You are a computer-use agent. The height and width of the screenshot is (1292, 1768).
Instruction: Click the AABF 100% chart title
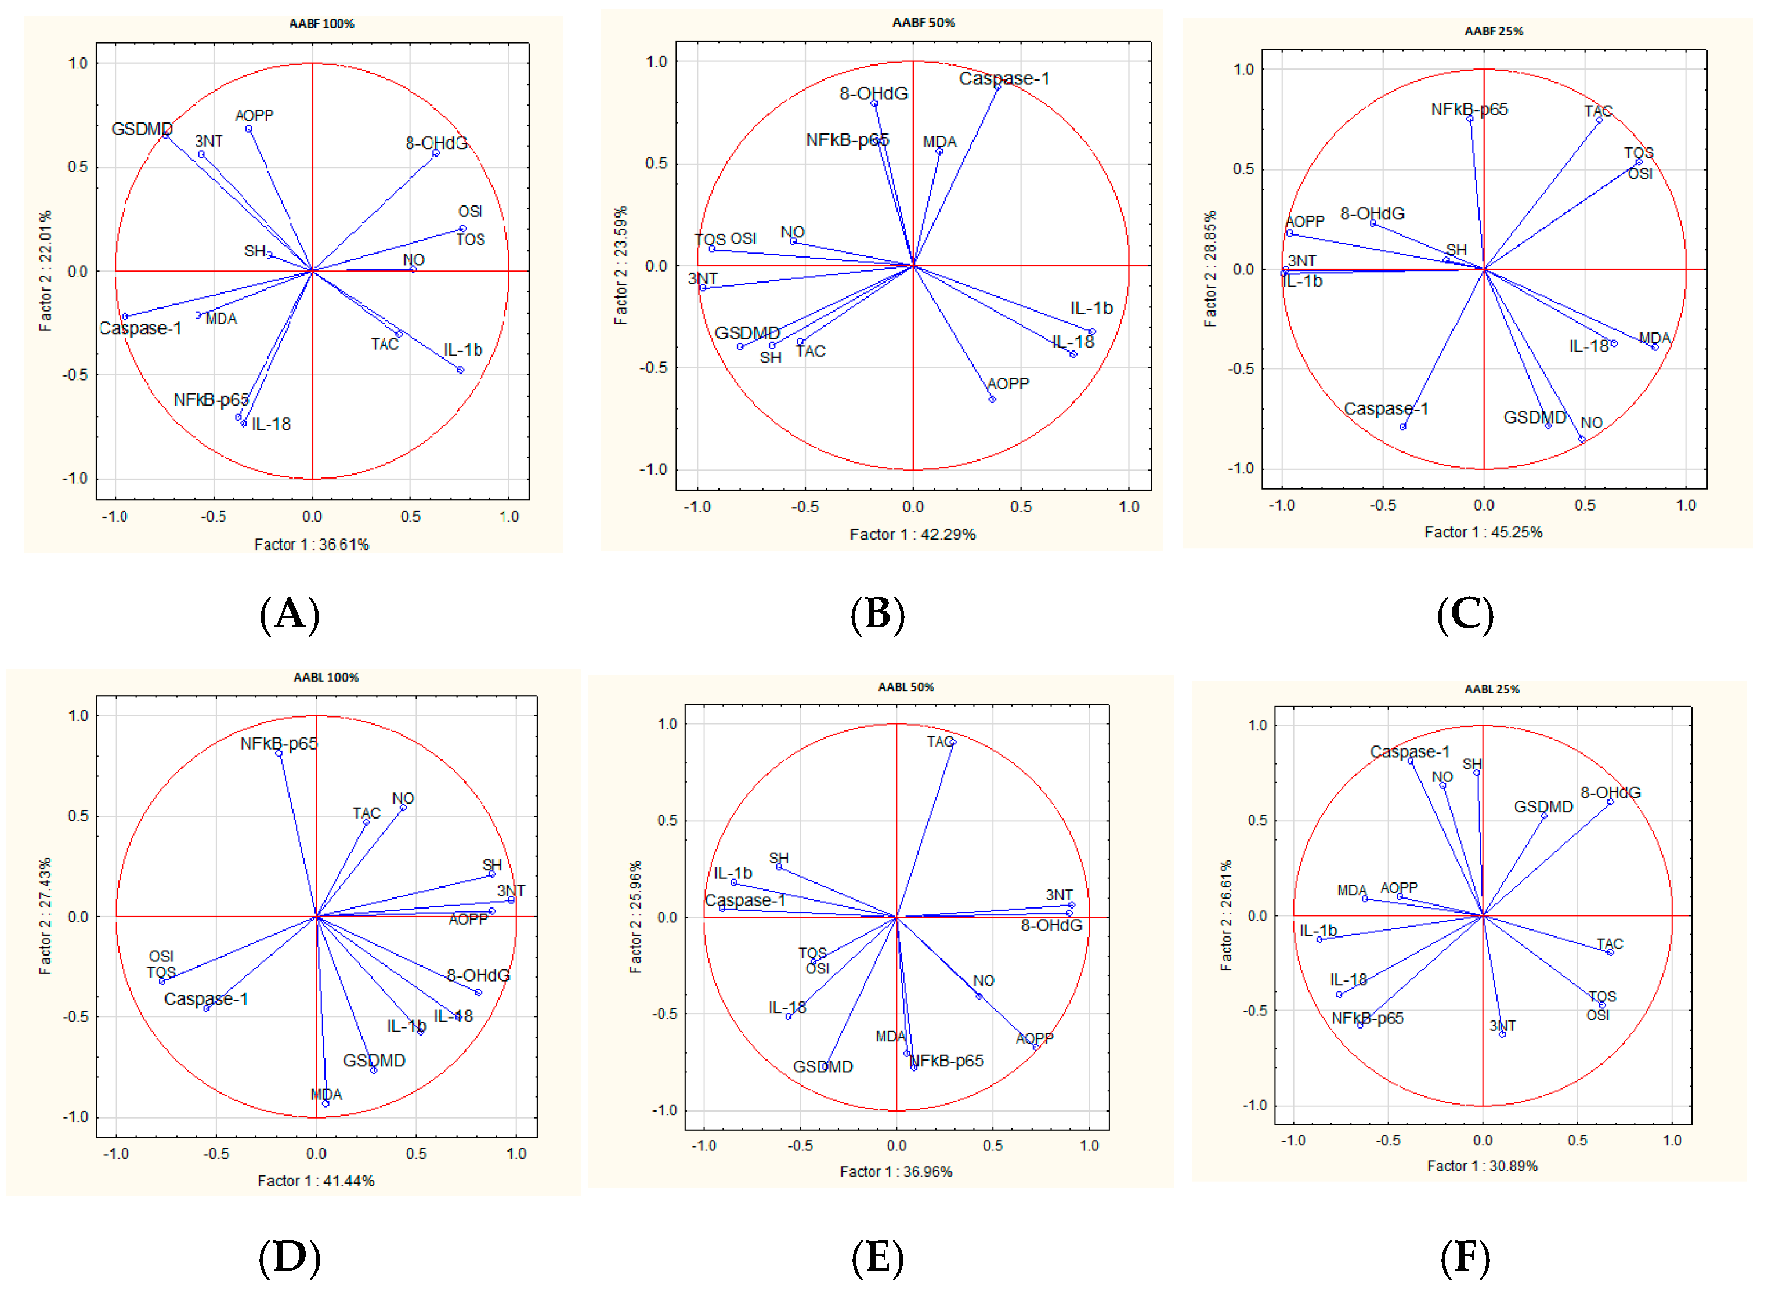point(321,23)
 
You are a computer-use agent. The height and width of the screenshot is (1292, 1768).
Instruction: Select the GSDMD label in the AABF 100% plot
point(142,129)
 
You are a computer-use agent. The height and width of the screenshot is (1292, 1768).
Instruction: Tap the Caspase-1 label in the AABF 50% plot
point(1004,78)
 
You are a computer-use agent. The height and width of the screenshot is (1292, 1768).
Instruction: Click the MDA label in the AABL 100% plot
point(326,1094)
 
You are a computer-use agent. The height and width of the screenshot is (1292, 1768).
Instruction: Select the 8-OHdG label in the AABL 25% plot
point(1610,792)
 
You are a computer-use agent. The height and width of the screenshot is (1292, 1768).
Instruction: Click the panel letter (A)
point(290,613)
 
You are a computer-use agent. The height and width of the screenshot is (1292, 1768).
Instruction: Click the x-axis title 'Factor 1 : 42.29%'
point(912,534)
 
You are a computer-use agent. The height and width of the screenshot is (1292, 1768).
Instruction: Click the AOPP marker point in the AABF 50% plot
point(992,400)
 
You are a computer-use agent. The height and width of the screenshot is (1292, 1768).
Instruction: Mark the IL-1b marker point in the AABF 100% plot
point(460,370)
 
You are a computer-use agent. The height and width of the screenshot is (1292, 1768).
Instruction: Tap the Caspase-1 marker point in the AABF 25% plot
point(1402,427)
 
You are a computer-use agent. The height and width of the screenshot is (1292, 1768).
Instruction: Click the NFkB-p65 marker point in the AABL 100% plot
point(279,752)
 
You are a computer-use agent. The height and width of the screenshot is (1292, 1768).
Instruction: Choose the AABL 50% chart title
point(905,687)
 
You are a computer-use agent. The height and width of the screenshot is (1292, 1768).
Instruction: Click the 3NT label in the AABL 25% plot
point(1502,1025)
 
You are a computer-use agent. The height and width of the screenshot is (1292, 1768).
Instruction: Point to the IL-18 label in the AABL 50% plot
point(786,1007)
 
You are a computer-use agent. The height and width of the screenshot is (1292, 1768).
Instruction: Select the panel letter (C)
point(1465,613)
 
